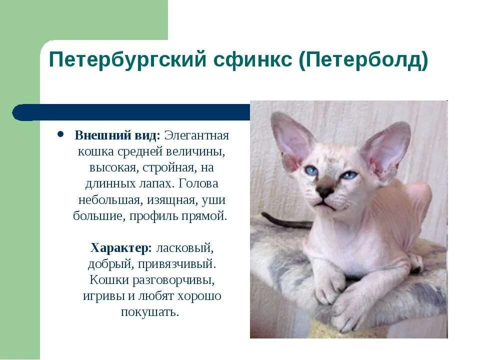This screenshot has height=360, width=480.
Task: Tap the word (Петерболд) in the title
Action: click(x=363, y=61)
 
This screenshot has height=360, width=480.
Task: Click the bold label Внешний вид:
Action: click(x=117, y=135)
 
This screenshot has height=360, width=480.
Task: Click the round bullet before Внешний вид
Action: click(x=60, y=135)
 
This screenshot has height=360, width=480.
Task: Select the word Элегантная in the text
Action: click(x=196, y=135)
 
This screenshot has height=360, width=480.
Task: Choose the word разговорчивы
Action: click(x=172, y=279)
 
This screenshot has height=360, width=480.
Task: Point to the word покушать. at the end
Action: click(x=149, y=312)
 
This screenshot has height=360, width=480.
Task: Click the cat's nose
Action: click(x=325, y=191)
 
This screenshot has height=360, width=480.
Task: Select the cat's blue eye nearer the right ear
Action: click(x=349, y=175)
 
